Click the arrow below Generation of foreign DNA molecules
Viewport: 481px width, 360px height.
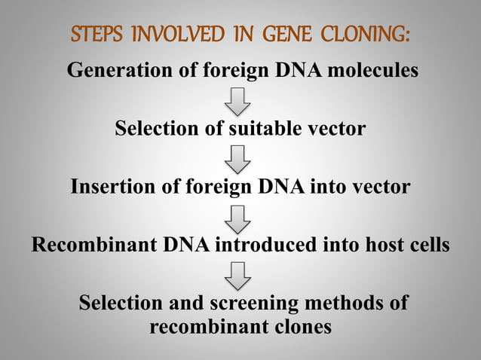pos(240,100)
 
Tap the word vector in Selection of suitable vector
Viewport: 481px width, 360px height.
pos(337,129)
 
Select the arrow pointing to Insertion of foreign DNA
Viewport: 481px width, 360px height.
pos(240,158)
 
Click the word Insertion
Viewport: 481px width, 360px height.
pos(113,186)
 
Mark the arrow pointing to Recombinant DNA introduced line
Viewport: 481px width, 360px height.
pos(240,217)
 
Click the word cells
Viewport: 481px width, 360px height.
pos(424,246)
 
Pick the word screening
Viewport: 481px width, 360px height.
pos(260,304)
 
